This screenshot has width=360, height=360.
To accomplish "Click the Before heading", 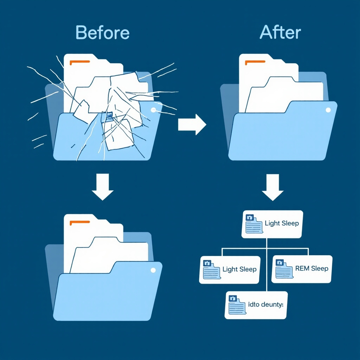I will (x=102, y=33).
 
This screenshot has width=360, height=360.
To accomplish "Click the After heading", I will (x=280, y=33).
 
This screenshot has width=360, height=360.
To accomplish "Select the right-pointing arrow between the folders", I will (x=192, y=124).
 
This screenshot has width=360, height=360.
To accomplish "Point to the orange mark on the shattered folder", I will (x=80, y=62).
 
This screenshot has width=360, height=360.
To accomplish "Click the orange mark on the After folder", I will (x=255, y=62).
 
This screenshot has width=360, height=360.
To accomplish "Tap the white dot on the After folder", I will (x=328, y=110).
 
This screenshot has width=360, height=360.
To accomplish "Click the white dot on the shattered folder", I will (x=153, y=110).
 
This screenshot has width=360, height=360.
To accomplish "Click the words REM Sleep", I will (x=311, y=269).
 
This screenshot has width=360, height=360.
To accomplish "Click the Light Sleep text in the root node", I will (x=282, y=223).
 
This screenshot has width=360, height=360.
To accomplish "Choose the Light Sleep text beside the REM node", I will (x=239, y=269).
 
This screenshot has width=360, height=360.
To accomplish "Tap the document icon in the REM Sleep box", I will (x=283, y=269).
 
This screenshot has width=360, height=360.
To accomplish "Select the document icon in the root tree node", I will (x=253, y=224).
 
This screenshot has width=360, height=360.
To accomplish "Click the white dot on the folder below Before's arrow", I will (x=153, y=270).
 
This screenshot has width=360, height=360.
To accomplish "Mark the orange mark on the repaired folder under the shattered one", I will (x=80, y=223).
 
